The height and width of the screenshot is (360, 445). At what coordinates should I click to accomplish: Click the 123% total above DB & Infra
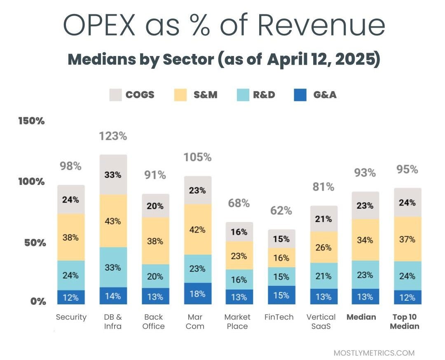113,136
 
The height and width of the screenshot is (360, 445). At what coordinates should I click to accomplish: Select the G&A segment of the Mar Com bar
197,294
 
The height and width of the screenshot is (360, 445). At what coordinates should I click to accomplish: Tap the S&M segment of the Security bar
70,237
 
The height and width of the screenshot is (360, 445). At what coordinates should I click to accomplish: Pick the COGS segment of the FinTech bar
281,239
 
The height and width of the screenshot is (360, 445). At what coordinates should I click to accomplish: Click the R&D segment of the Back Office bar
155,276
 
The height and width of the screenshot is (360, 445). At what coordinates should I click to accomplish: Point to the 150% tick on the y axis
31,121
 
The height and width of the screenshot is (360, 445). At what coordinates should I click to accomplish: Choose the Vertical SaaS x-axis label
321,322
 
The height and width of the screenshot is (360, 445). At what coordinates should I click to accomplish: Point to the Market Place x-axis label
237,322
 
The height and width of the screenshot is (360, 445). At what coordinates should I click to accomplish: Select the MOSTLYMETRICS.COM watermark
374,353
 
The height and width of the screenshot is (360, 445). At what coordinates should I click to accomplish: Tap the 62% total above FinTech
281,211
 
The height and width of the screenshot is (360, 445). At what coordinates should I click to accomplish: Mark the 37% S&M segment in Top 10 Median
407,239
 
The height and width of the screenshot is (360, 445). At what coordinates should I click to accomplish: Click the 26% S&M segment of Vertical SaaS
323,248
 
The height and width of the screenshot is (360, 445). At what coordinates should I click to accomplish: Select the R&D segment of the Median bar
365,275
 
